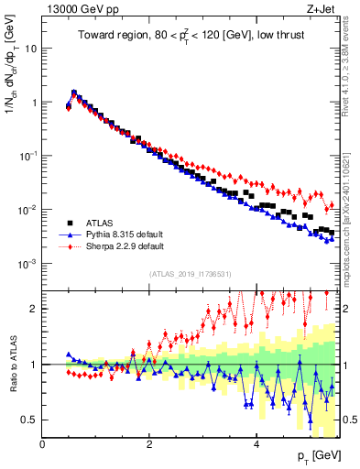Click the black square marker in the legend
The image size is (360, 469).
point(68,223)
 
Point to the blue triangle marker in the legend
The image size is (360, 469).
point(68,234)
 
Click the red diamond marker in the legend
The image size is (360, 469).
point(68,246)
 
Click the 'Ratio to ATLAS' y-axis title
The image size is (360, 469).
point(12,365)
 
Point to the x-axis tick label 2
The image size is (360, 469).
point(149,444)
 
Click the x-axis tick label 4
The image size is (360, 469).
point(256,444)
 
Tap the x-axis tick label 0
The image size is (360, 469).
point(42,444)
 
